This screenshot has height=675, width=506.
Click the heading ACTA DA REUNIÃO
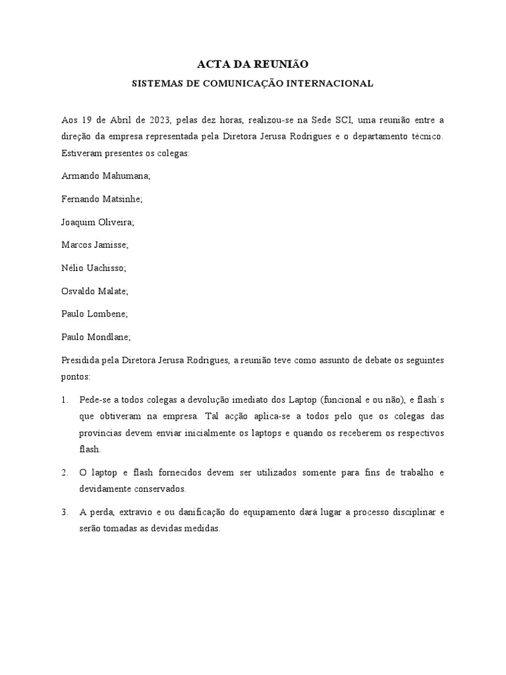[253, 64]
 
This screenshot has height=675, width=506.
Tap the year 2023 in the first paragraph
[159, 120]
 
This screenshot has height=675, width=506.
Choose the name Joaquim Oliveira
[98, 221]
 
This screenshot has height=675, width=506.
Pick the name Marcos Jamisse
[95, 245]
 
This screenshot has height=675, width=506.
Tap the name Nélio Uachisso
[93, 268]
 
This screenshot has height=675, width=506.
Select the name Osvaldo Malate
[95, 291]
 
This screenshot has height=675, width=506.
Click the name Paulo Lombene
[94, 314]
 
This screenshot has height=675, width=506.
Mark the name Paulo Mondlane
[96, 337]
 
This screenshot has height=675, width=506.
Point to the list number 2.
[65, 473]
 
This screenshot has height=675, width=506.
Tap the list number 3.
[65, 512]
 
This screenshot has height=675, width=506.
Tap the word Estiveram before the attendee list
[82, 153]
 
